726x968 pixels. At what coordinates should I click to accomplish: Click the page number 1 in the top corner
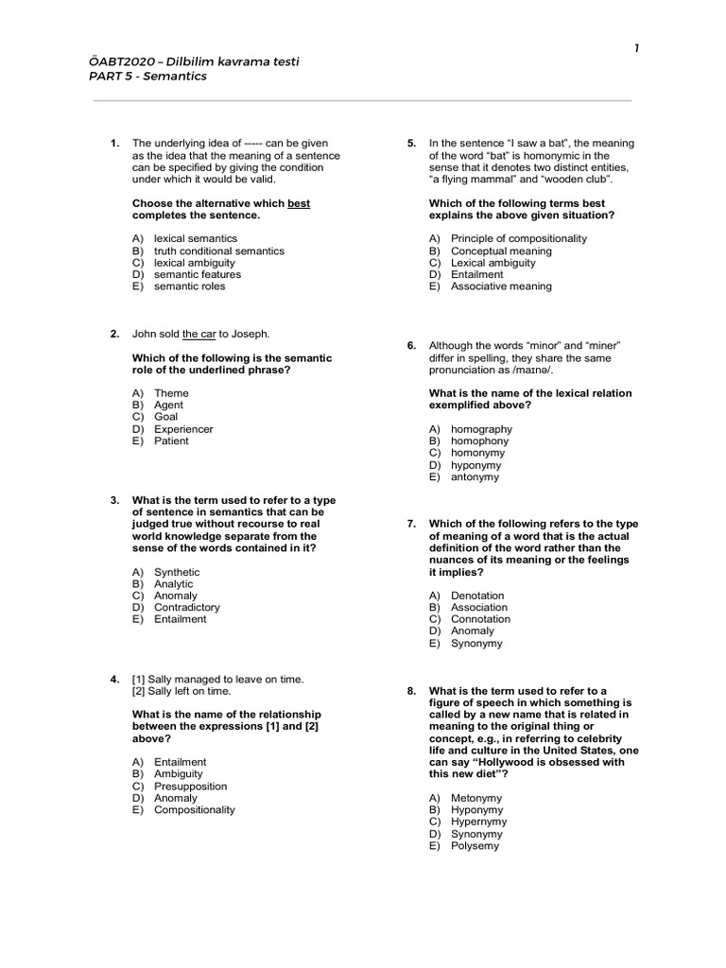[637, 48]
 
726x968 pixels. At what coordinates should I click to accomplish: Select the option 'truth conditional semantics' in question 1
[218, 251]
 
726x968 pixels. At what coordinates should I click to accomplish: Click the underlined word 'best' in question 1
[299, 203]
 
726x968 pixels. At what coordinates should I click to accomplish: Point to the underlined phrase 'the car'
[199, 334]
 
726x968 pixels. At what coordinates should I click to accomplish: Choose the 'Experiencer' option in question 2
[183, 429]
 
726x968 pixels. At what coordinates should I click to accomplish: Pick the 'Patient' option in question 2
[171, 441]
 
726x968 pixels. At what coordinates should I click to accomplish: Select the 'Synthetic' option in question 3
[177, 572]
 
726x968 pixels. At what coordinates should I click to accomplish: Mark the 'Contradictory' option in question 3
[186, 608]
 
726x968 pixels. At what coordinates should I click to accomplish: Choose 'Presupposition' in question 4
[189, 786]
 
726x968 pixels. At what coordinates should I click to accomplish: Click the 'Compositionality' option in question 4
[194, 809]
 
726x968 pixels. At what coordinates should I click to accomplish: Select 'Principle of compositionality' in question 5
[518, 238]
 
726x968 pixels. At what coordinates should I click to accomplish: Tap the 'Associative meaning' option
[501, 286]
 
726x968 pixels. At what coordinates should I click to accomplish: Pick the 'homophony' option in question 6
[479, 441]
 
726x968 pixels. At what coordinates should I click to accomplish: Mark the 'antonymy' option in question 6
[475, 477]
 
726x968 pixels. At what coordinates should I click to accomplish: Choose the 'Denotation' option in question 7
[477, 596]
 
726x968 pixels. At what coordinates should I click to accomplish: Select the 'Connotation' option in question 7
[480, 619]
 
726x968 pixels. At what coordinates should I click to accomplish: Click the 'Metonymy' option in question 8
[476, 798]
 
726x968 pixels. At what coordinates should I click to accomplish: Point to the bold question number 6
[411, 346]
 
